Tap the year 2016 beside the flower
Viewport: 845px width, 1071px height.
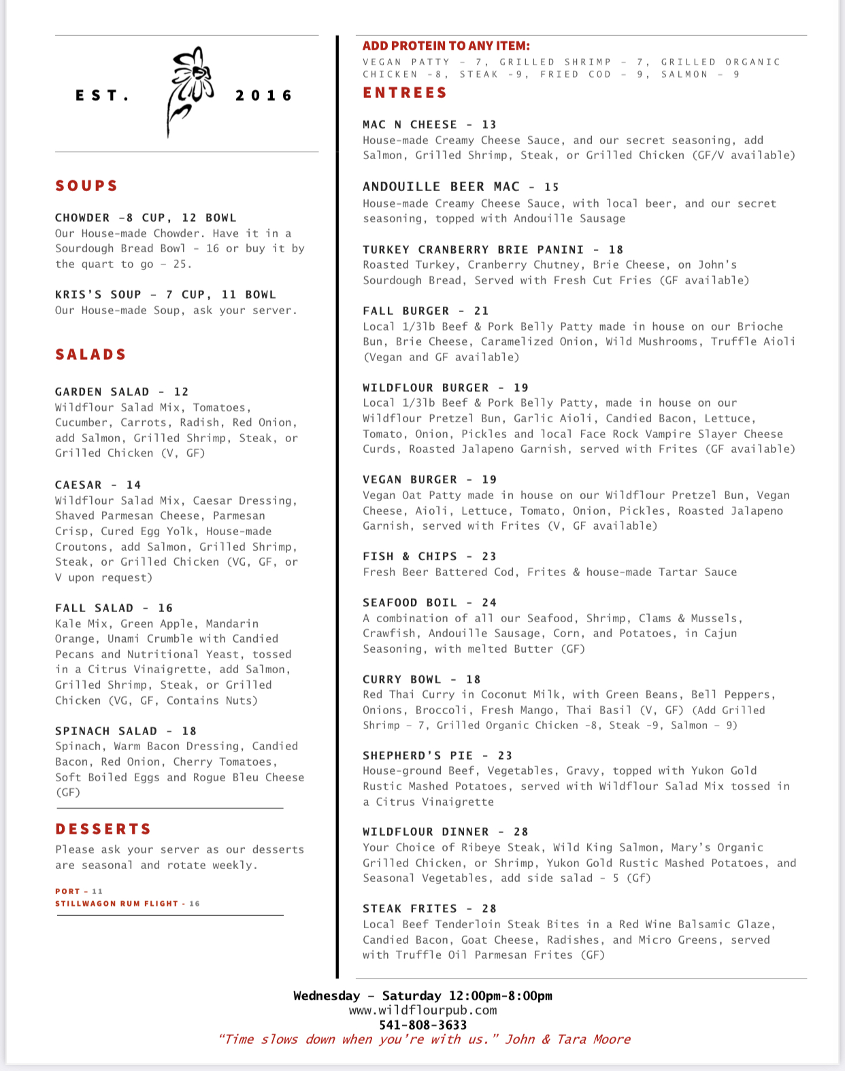coord(264,96)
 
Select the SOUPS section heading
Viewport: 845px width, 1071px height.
coord(87,186)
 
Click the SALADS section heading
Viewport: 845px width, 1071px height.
coord(91,354)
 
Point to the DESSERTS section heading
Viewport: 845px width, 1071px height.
coord(103,829)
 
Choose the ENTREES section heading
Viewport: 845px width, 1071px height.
coord(405,92)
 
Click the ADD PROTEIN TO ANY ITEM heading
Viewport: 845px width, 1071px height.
coord(446,46)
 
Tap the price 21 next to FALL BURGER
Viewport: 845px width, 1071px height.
coord(482,311)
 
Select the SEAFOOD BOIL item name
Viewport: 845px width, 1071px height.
coord(410,602)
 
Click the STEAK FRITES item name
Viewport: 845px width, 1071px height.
coord(410,908)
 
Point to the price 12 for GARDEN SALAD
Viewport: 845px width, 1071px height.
coord(181,392)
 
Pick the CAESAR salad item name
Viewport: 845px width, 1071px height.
coord(78,485)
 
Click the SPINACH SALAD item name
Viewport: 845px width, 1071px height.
coord(106,731)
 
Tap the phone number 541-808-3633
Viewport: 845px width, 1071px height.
coord(422,1025)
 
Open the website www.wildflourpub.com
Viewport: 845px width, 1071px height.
coord(422,1010)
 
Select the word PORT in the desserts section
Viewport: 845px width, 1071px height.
coord(67,891)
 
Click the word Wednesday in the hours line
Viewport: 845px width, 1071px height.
coord(327,996)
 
